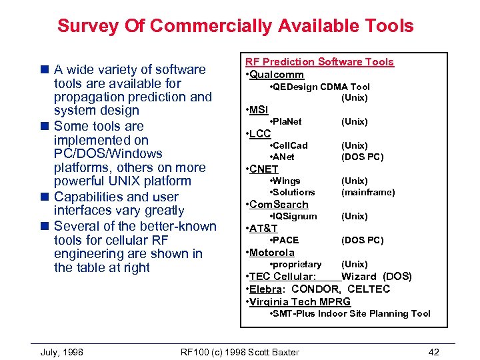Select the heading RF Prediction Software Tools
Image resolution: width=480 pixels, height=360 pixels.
tap(319, 62)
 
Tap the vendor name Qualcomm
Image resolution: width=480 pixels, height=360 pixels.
tap(277, 75)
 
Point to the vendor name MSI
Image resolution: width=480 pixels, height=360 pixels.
tap(259, 109)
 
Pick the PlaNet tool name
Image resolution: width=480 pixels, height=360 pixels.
tap(287, 121)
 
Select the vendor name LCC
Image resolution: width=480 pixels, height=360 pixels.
tap(260, 133)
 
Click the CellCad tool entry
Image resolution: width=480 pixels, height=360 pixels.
tap(290, 145)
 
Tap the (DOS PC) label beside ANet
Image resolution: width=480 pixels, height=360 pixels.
tap(362, 157)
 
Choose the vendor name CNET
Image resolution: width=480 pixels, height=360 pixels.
tap(264, 169)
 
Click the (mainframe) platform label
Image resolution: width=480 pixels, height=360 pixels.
tap(368, 192)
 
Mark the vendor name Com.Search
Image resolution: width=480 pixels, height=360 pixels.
tap(279, 205)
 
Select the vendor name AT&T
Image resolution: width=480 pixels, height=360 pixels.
tap(263, 229)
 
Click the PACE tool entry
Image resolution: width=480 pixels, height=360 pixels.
tap(286, 240)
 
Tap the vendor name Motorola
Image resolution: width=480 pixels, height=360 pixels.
tap(271, 253)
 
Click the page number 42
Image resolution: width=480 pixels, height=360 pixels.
tap(434, 352)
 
